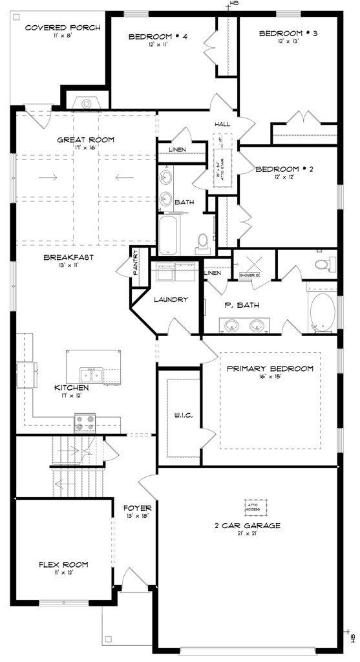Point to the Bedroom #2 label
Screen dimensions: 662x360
[x=284, y=169]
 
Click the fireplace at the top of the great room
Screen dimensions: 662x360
[x=85, y=102]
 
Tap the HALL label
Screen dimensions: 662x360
[x=223, y=124]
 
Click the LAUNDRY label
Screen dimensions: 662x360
[x=171, y=299]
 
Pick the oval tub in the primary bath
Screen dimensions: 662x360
[x=323, y=311]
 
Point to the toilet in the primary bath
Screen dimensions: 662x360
[x=326, y=264]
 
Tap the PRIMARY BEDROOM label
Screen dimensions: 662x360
[x=270, y=368]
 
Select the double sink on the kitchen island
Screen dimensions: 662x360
[x=91, y=374]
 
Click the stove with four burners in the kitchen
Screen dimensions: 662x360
[x=85, y=422]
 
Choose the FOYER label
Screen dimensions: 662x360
[x=137, y=507]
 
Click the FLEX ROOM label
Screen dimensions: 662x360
[x=63, y=564]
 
